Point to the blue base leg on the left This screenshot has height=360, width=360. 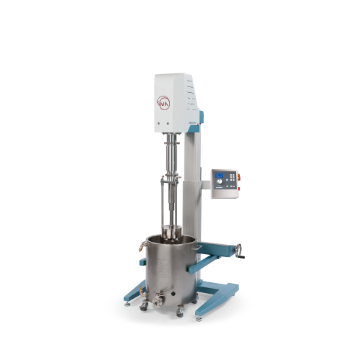(x=134, y=293)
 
